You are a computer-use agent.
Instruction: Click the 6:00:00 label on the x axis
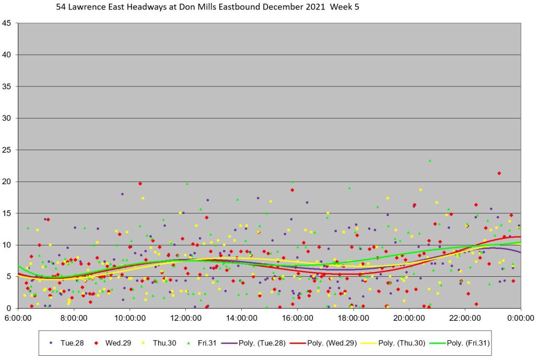click(18, 318)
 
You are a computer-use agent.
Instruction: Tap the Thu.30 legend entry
click(157, 343)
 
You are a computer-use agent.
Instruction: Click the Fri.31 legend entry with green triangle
click(200, 343)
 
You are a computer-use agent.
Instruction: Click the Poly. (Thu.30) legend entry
click(407, 343)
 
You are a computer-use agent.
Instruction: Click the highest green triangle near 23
click(430, 161)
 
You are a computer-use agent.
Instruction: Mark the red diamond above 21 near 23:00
click(499, 173)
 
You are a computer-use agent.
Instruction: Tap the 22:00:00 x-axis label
click(465, 318)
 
